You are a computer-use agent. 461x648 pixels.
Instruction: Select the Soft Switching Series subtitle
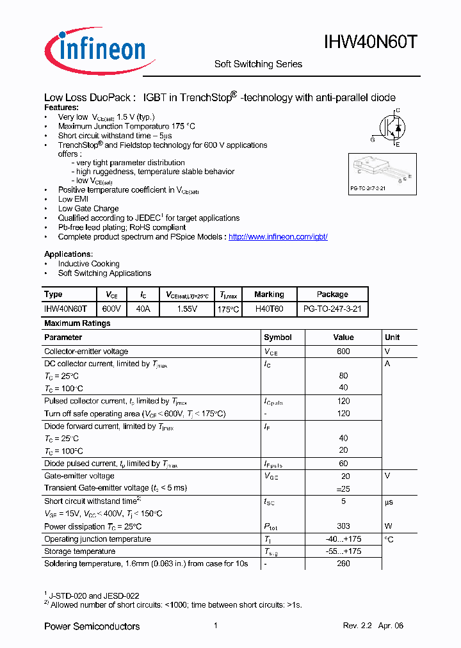click(258, 64)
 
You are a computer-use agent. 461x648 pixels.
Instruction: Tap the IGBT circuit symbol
click(389, 127)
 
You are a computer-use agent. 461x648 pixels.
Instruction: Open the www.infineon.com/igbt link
click(278, 236)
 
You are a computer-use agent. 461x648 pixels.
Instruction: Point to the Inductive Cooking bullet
click(88, 264)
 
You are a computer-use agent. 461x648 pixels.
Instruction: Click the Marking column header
click(269, 295)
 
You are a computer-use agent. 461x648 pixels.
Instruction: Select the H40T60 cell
click(269, 309)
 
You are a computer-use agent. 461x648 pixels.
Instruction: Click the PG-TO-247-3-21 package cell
click(332, 309)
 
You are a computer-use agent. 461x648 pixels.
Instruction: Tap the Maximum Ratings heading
click(77, 323)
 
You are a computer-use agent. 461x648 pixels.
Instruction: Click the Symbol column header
click(277, 337)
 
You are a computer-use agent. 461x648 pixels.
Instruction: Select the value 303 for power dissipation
click(343, 526)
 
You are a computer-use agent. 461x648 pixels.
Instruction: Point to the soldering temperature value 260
click(343, 563)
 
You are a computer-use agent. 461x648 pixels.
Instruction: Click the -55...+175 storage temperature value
click(343, 551)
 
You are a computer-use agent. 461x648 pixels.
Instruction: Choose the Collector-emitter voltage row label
click(86, 352)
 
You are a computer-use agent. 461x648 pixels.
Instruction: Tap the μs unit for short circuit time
click(389, 501)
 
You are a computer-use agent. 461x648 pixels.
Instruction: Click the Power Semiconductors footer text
click(92, 626)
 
